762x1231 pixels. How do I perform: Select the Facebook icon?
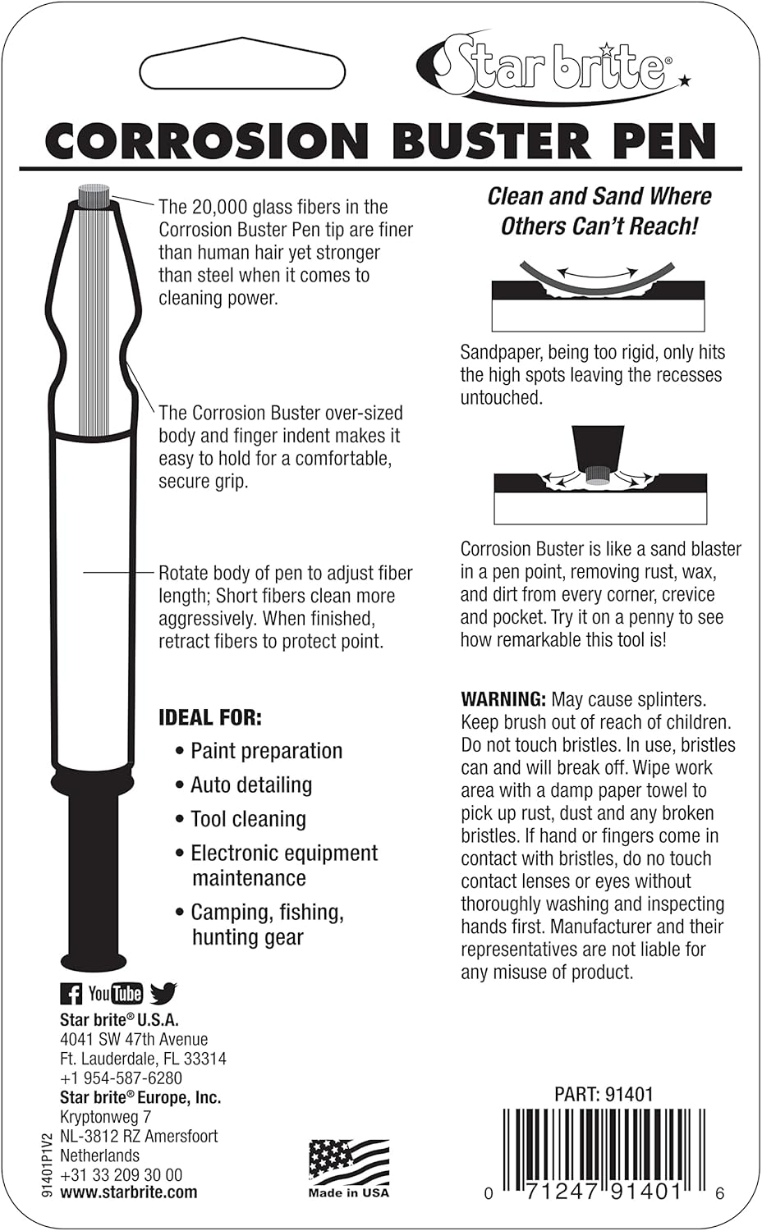click(71, 994)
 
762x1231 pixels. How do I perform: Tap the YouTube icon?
click(116, 994)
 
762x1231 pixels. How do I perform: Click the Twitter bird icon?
click(163, 994)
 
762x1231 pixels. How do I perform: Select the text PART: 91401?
click(604, 1094)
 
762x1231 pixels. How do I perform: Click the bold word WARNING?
click(503, 699)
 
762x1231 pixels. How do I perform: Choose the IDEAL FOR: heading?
click(210, 718)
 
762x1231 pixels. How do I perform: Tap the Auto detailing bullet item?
click(250, 785)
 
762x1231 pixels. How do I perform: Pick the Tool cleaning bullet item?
click(248, 819)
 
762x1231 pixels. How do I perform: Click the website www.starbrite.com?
click(128, 1192)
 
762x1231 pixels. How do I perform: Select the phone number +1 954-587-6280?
click(121, 1078)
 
